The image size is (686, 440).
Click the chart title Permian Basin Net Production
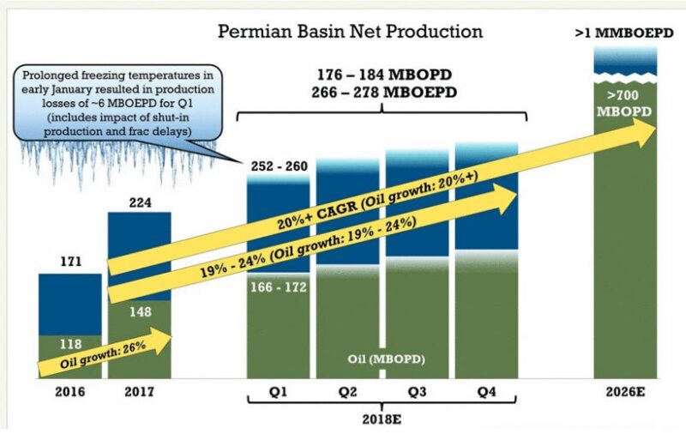tap(350, 32)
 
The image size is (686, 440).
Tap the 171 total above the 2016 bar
tap(70, 260)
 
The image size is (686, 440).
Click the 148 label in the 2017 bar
tap(139, 313)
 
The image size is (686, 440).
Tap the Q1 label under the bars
tap(278, 392)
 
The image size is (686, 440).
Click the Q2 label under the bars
tap(347, 392)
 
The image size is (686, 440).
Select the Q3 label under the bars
tap(417, 392)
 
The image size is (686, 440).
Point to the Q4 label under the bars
tap(486, 392)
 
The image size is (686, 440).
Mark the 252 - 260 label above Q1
tap(278, 166)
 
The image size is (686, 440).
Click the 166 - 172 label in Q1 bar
tap(278, 288)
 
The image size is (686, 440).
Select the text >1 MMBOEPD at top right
tap(625, 35)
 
